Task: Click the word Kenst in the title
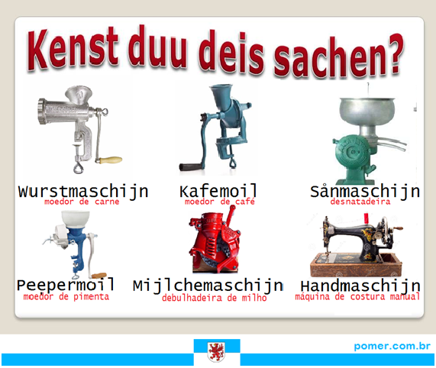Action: coord(73,48)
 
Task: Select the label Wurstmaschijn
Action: coord(83,192)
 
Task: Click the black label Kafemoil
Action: coord(218,191)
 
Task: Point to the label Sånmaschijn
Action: coord(365,191)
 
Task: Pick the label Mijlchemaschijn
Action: coord(208,286)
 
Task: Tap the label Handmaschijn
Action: coord(360,286)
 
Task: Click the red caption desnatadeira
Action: coord(360,202)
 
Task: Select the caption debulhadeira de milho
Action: coord(214,298)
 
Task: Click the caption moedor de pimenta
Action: coord(66,297)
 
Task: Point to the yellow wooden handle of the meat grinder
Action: coord(111,160)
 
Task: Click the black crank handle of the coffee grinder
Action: coord(191,166)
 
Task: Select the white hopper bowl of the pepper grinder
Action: coord(76,219)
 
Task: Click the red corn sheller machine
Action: coord(215,241)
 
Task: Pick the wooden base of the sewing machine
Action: coord(356,265)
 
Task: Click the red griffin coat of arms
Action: coord(217,352)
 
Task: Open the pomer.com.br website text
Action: coord(392,347)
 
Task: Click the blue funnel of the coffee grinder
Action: coord(222,95)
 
